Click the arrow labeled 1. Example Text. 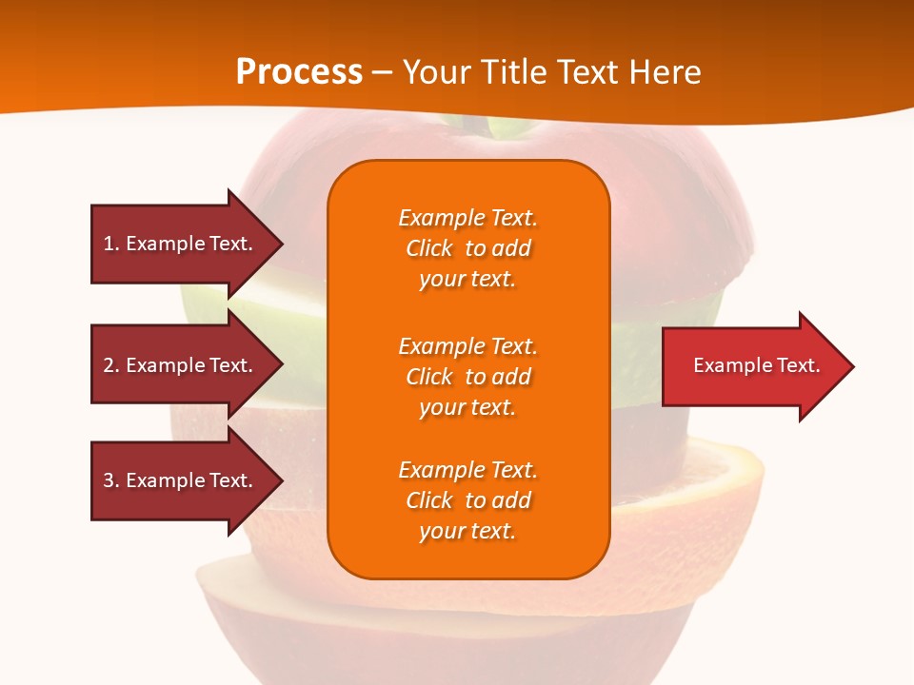pyautogui.click(x=188, y=245)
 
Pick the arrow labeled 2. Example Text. pyautogui.click(x=188, y=364)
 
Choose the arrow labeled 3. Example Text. pyautogui.click(x=188, y=480)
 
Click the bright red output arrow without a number pyautogui.click(x=759, y=366)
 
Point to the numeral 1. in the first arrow pyautogui.click(x=111, y=244)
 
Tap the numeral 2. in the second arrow pyautogui.click(x=111, y=365)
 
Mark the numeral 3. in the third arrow pyautogui.click(x=111, y=480)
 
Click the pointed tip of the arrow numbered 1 pyautogui.click(x=283, y=245)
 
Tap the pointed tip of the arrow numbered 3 pyautogui.click(x=283, y=480)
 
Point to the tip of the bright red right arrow pyautogui.click(x=854, y=366)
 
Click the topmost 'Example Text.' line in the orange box pyautogui.click(x=468, y=218)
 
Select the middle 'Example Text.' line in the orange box pyautogui.click(x=468, y=346)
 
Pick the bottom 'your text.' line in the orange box pyautogui.click(x=467, y=532)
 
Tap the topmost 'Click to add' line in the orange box pyautogui.click(x=468, y=248)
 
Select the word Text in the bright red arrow pyautogui.click(x=799, y=365)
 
